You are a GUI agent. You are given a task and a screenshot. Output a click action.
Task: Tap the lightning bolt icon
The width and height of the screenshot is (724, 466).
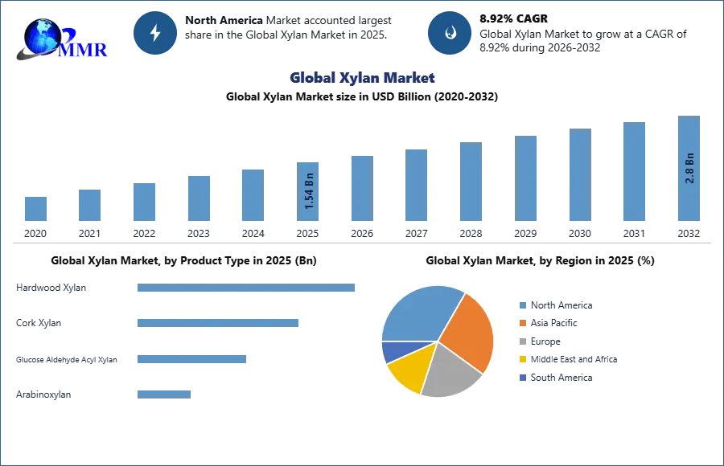(155, 33)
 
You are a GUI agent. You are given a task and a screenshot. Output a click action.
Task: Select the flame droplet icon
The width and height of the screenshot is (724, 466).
(450, 33)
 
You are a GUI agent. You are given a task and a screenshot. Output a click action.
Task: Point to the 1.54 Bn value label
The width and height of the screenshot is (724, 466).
(309, 192)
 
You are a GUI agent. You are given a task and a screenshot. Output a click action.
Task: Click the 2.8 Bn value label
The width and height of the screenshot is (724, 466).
(689, 168)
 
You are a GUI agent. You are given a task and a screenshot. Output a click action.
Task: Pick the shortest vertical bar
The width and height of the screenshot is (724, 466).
(35, 208)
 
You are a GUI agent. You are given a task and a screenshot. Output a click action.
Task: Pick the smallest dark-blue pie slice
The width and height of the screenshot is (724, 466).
(393, 351)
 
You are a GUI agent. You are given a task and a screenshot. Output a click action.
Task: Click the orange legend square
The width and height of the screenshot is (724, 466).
(522, 323)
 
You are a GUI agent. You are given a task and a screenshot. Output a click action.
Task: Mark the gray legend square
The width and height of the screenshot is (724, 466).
(522, 341)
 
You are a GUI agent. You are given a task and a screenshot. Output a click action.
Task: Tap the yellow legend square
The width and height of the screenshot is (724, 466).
(522, 360)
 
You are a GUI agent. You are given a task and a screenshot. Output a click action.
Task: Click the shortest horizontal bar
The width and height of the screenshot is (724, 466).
(164, 393)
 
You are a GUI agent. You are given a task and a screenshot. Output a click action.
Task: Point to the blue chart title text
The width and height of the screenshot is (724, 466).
(364, 79)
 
